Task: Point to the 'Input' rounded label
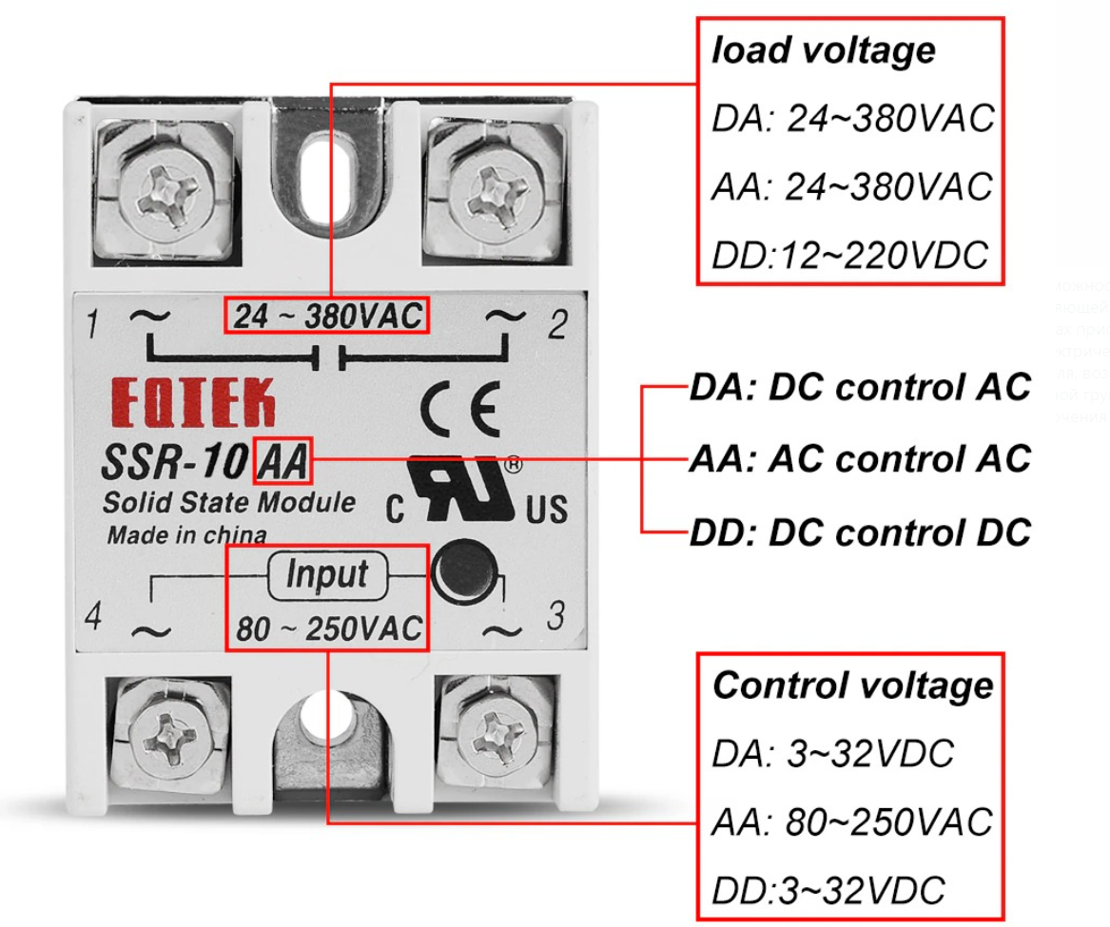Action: (326, 574)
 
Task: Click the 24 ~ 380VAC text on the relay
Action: (327, 317)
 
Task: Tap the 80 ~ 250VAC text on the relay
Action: (327, 628)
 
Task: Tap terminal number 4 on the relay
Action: (92, 618)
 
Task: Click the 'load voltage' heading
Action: (824, 50)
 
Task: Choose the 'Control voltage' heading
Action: (852, 685)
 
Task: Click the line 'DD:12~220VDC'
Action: (849, 255)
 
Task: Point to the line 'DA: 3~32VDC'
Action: (831, 754)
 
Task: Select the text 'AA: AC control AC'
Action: (860, 458)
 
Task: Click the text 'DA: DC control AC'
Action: (860, 388)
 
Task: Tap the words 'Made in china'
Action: (186, 534)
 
